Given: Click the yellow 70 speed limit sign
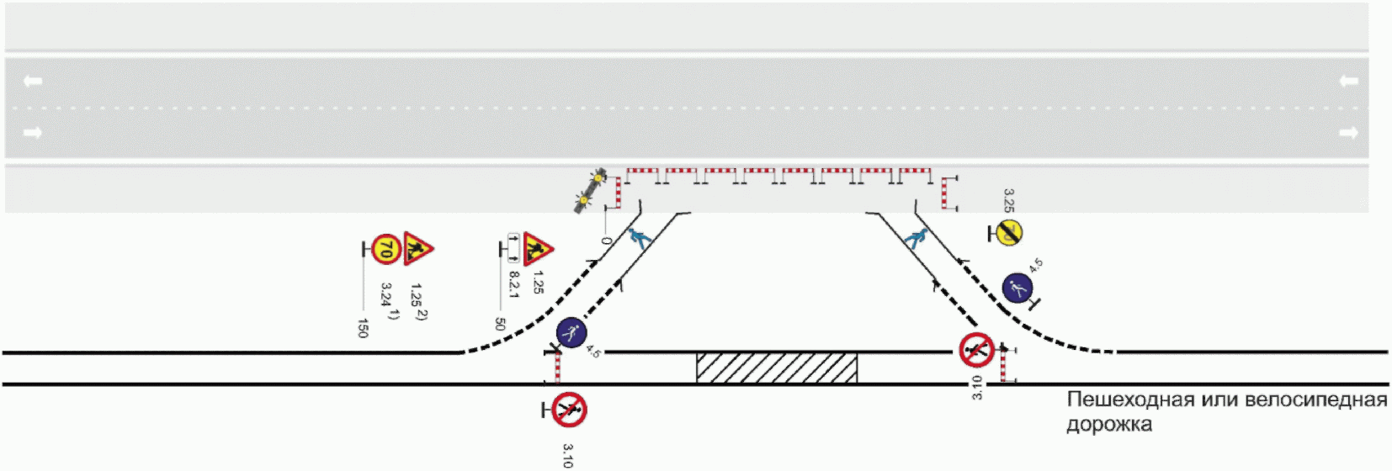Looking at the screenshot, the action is click(x=385, y=249).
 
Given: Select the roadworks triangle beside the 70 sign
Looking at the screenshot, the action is click(x=416, y=248).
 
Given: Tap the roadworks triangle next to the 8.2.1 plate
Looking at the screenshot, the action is click(x=536, y=248).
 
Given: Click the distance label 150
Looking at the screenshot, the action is click(x=363, y=327).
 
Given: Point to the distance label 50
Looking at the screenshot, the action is click(x=500, y=324).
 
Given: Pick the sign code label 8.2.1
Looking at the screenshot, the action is click(x=513, y=283).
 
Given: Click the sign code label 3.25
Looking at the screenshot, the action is click(x=1009, y=201).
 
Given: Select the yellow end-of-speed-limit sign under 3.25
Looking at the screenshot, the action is click(x=1008, y=232).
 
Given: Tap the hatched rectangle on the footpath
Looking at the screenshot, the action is click(x=776, y=368).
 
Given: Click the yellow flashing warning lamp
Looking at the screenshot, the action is click(x=591, y=189).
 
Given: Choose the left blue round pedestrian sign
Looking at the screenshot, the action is click(x=571, y=333).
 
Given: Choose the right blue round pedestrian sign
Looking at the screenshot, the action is click(x=1017, y=288).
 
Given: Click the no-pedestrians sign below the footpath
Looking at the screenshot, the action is click(x=569, y=410).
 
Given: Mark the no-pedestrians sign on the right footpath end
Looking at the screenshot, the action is click(x=976, y=349).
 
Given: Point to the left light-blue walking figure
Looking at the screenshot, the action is click(x=640, y=238).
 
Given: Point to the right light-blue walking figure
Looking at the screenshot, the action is click(x=916, y=238).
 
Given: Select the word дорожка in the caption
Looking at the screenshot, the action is click(x=1109, y=424).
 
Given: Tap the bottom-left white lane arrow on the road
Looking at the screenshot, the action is click(x=32, y=132).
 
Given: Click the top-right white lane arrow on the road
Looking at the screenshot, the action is click(x=1348, y=81).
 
